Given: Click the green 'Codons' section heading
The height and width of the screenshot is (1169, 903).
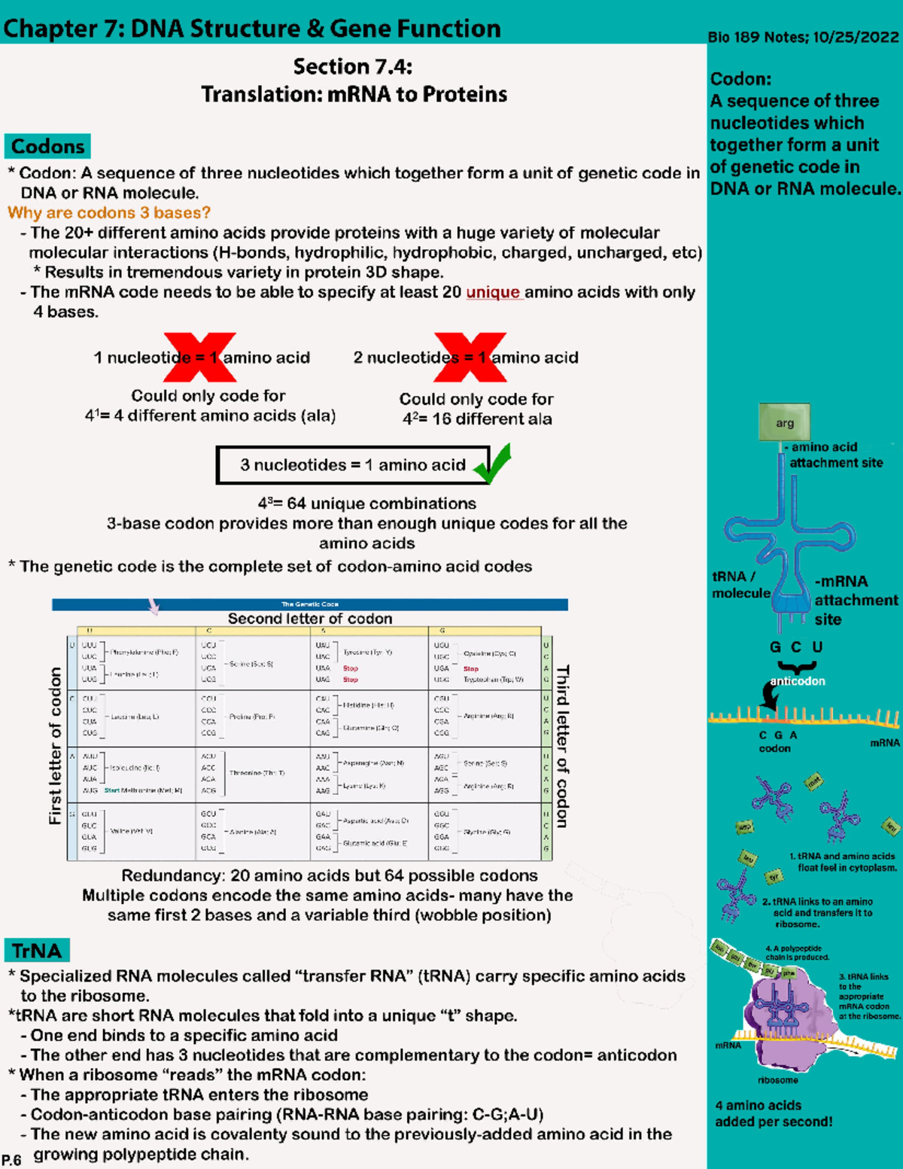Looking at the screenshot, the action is pyautogui.click(x=47, y=146).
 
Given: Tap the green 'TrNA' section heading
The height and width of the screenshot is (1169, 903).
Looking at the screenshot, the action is pyautogui.click(x=37, y=951).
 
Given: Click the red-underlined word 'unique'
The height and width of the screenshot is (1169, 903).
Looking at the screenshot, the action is pyautogui.click(x=493, y=292).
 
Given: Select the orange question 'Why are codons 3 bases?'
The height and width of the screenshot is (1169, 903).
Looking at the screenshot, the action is pyautogui.click(x=109, y=213).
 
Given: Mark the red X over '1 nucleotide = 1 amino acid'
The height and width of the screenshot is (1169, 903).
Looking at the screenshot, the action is pyautogui.click(x=200, y=357).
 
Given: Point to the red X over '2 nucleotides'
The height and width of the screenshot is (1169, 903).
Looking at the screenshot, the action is pyautogui.click(x=470, y=357).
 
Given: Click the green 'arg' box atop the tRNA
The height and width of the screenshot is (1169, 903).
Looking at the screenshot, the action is pyautogui.click(x=785, y=422).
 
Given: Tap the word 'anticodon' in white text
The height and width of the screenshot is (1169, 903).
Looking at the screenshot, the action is pyautogui.click(x=798, y=681).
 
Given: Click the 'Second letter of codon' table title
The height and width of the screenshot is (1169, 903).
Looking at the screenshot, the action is pyautogui.click(x=309, y=619).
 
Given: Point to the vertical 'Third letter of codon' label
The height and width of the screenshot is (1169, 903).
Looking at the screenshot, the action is pyautogui.click(x=562, y=745).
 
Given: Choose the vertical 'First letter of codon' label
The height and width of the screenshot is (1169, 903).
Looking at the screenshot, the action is pyautogui.click(x=55, y=745).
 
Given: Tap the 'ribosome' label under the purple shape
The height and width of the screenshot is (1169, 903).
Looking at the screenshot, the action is pyautogui.click(x=778, y=1080).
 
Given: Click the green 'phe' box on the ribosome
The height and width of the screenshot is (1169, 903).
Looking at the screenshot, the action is pyautogui.click(x=788, y=973).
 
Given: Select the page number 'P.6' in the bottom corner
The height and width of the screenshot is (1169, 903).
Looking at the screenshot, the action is pyautogui.click(x=11, y=1160).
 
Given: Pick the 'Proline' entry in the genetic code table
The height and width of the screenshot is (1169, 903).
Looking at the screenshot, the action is pyautogui.click(x=251, y=717).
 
